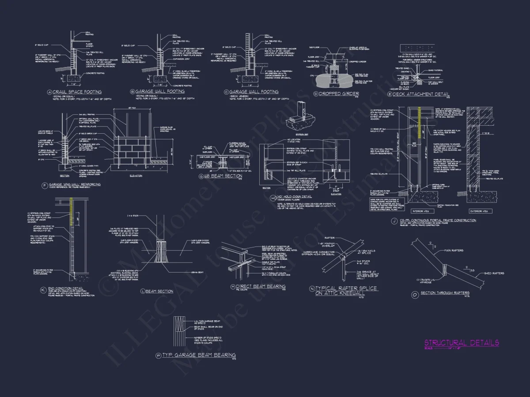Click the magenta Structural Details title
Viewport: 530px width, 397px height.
pos(462,343)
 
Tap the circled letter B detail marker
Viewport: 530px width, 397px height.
pos(132,92)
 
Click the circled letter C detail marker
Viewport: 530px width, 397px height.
pos(227,92)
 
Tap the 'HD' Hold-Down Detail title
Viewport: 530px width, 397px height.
pos(295,197)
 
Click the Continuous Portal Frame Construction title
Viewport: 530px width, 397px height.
pos(438,220)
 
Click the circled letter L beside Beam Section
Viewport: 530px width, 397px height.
pos(143,291)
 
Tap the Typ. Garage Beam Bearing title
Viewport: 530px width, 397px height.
pos(198,355)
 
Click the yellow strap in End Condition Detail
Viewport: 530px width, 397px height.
pos(72,208)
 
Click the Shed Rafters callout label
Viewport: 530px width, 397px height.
pos(494,273)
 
